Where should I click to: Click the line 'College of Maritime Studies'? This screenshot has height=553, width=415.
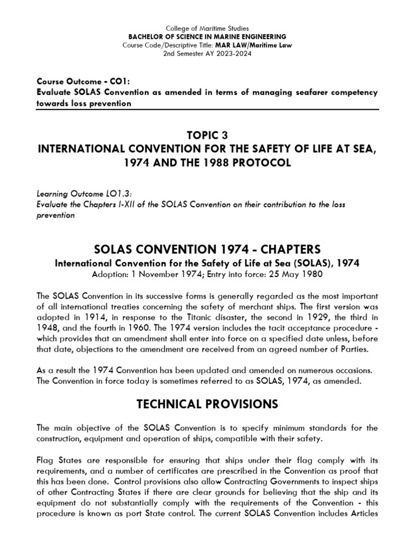[x=207, y=28]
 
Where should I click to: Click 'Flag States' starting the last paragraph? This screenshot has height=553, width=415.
[x=56, y=461]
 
